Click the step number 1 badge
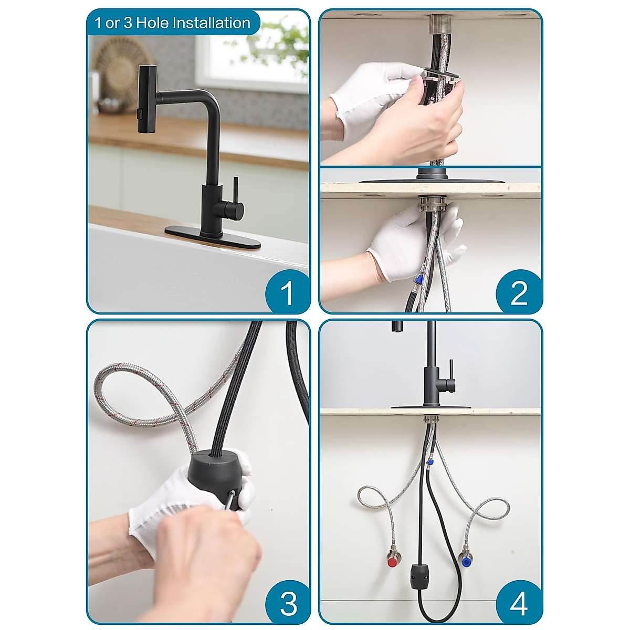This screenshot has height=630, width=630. [287, 292]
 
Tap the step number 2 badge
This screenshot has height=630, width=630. [518, 292]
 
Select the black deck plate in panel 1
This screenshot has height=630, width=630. [213, 235]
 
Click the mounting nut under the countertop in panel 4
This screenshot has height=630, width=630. [431, 419]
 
